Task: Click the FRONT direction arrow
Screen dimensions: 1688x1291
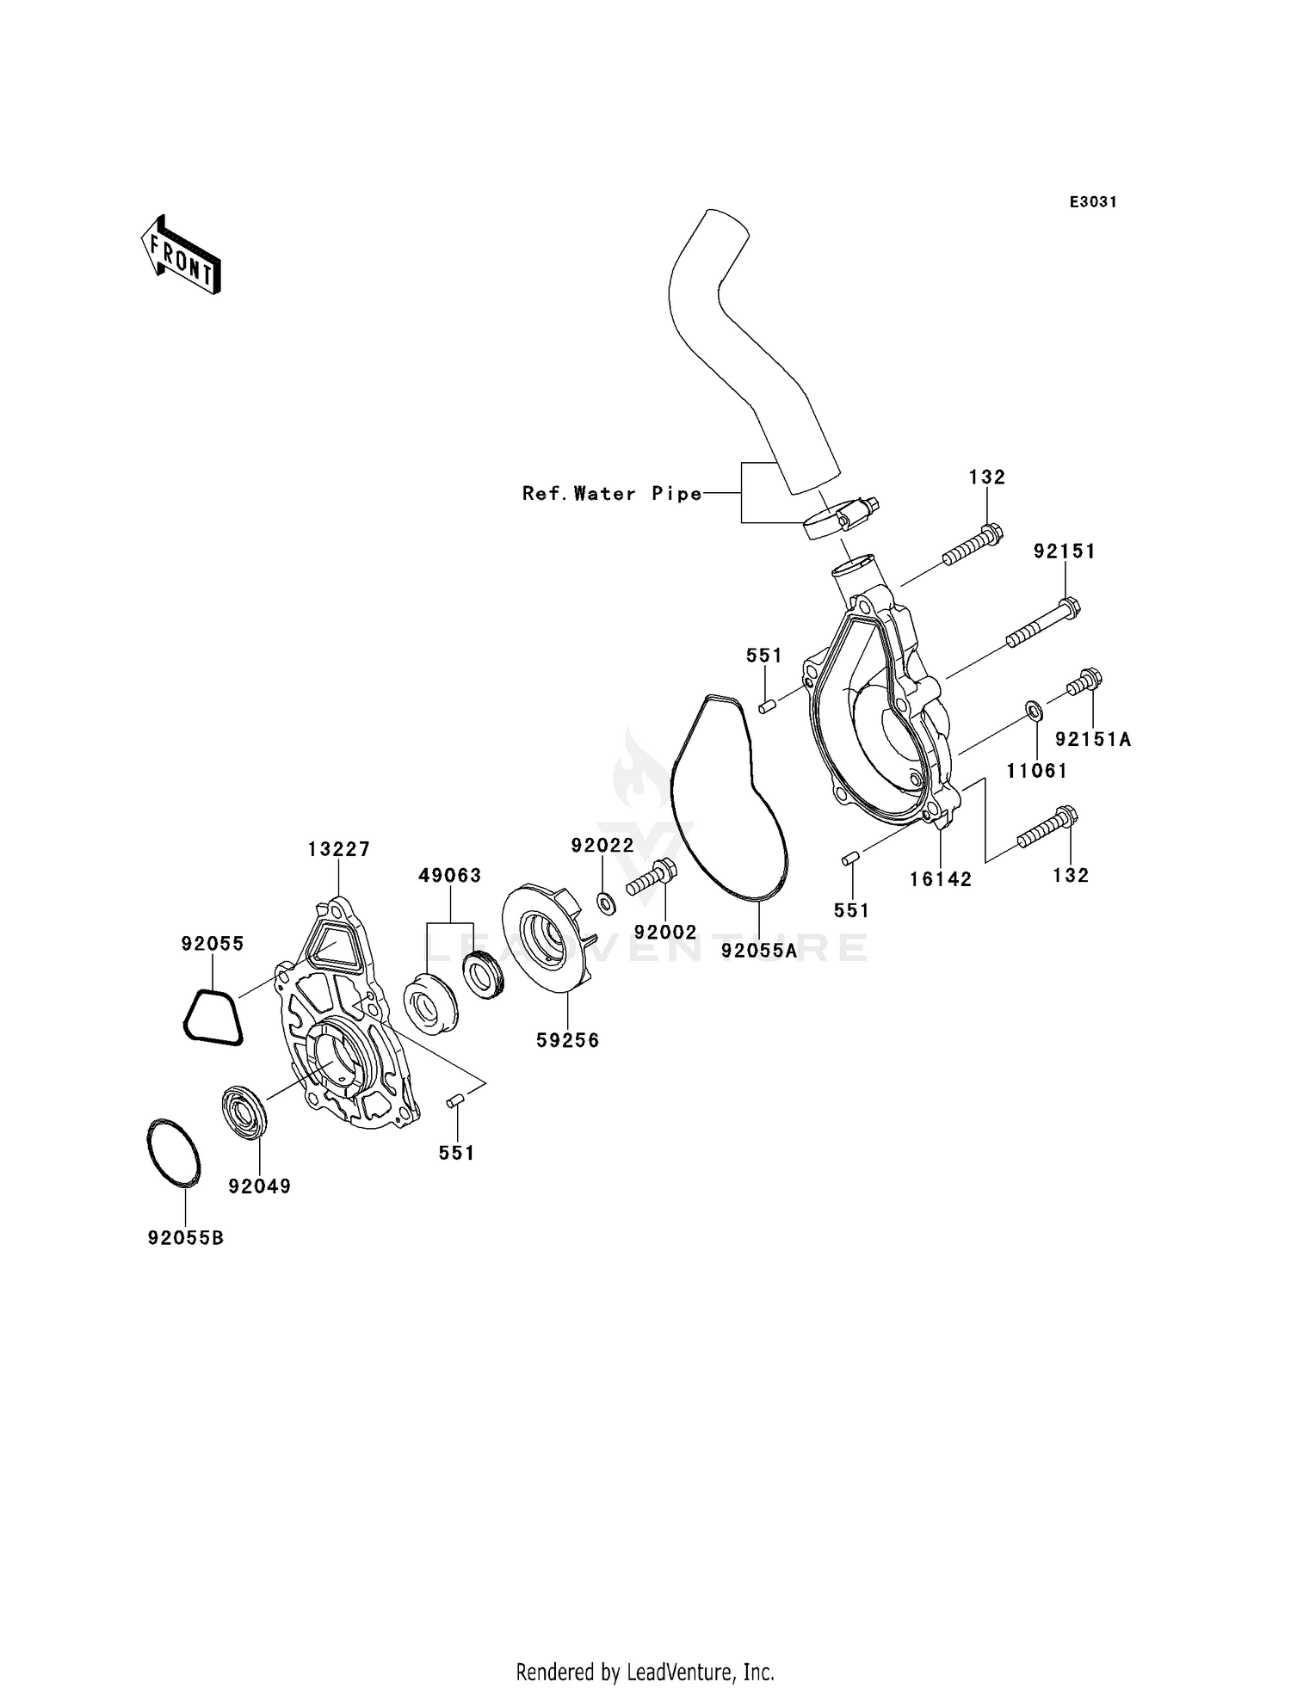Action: tap(182, 256)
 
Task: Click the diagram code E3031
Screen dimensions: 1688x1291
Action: tap(1092, 202)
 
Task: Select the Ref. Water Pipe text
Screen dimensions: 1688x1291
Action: tap(612, 494)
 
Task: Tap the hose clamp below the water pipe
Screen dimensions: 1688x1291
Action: tap(838, 518)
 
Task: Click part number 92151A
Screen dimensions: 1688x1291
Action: tap(1092, 739)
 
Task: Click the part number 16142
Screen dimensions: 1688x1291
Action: tap(940, 878)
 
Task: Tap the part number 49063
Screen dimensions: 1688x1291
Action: tap(449, 875)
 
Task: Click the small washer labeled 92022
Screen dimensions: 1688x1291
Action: tap(606, 903)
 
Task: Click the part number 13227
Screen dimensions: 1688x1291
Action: tap(338, 849)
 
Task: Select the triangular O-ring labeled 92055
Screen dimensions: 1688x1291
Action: tap(213, 1019)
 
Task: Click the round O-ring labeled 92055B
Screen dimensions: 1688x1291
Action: tap(173, 1154)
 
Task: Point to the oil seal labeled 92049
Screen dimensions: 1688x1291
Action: tap(245, 1114)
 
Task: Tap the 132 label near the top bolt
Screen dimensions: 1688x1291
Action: tap(986, 477)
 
